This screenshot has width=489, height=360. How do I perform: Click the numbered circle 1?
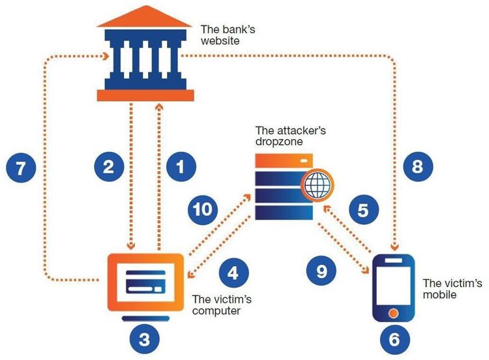tap(181, 167)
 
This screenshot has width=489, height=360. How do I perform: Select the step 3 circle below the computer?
tap(145, 338)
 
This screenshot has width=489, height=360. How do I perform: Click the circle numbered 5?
tap(364, 210)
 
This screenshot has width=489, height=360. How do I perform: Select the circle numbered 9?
tap(322, 271)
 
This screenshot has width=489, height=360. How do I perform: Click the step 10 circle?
tap(206, 210)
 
